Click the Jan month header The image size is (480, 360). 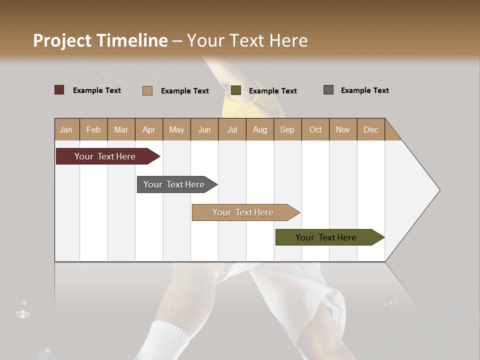[66, 129]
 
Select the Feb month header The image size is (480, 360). [93, 129]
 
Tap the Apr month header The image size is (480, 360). [149, 129]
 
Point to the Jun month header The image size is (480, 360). [204, 129]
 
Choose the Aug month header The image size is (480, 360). [260, 129]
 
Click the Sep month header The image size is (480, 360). [287, 129]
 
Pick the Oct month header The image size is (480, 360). [315, 129]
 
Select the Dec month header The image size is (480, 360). [371, 129]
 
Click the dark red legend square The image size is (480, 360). [59, 90]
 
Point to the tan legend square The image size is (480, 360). [147, 90]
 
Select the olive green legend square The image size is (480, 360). [236, 90]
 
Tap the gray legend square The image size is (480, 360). [328, 90]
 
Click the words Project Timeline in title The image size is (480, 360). [100, 40]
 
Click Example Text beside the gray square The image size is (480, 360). [364, 90]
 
